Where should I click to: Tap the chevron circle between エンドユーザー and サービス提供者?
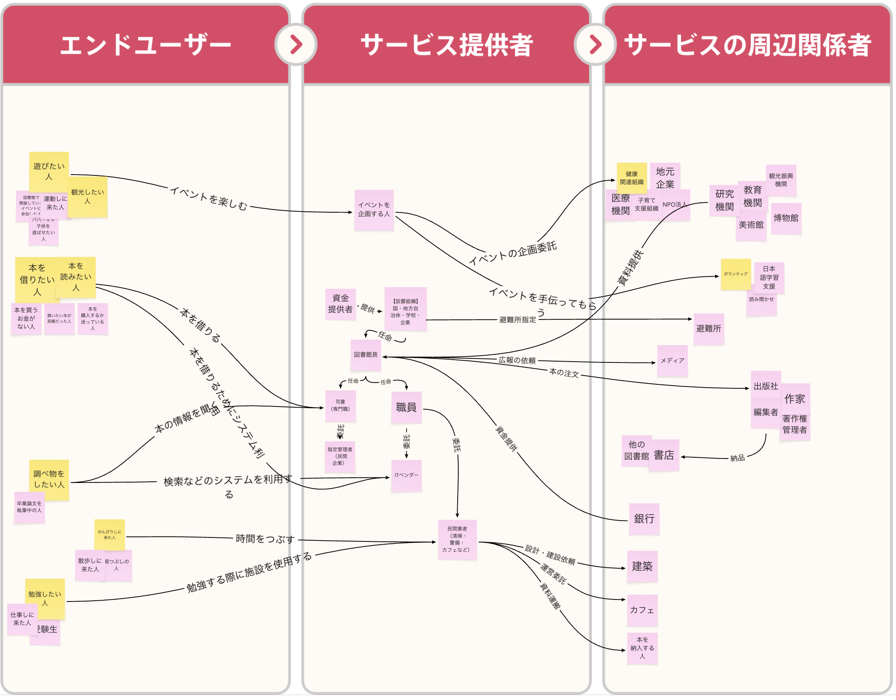296,44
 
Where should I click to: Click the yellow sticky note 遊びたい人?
49,171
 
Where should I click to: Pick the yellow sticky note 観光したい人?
87,197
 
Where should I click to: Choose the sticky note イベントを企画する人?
374,209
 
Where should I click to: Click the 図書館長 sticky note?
366,355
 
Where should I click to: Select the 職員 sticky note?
406,407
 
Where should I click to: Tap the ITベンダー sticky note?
406,476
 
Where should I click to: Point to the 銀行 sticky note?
644,519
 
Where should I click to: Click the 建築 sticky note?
642,567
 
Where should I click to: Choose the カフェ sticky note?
642,610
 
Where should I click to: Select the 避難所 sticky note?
709,329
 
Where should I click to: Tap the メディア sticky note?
672,361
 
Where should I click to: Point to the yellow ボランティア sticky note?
735,274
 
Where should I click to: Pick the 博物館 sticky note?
786,218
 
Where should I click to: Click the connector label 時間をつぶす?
265,539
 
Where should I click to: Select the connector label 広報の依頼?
517,360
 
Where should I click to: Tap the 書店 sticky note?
664,455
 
